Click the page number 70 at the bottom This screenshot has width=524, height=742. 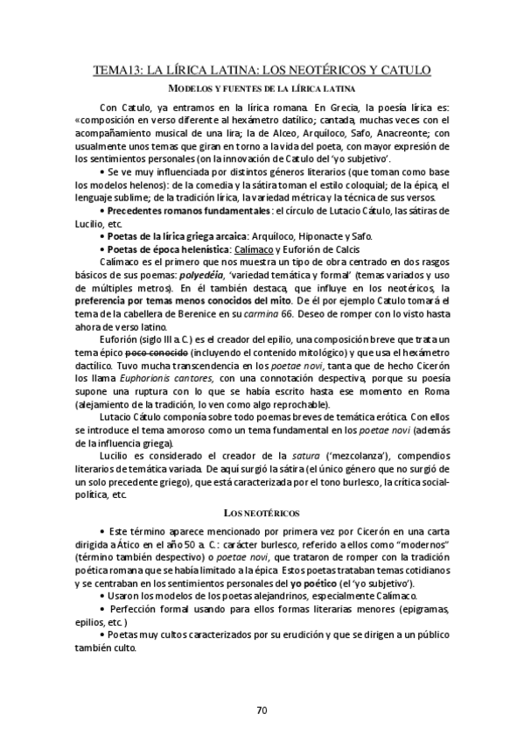(262, 710)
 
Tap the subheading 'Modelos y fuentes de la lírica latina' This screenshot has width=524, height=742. (262, 89)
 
